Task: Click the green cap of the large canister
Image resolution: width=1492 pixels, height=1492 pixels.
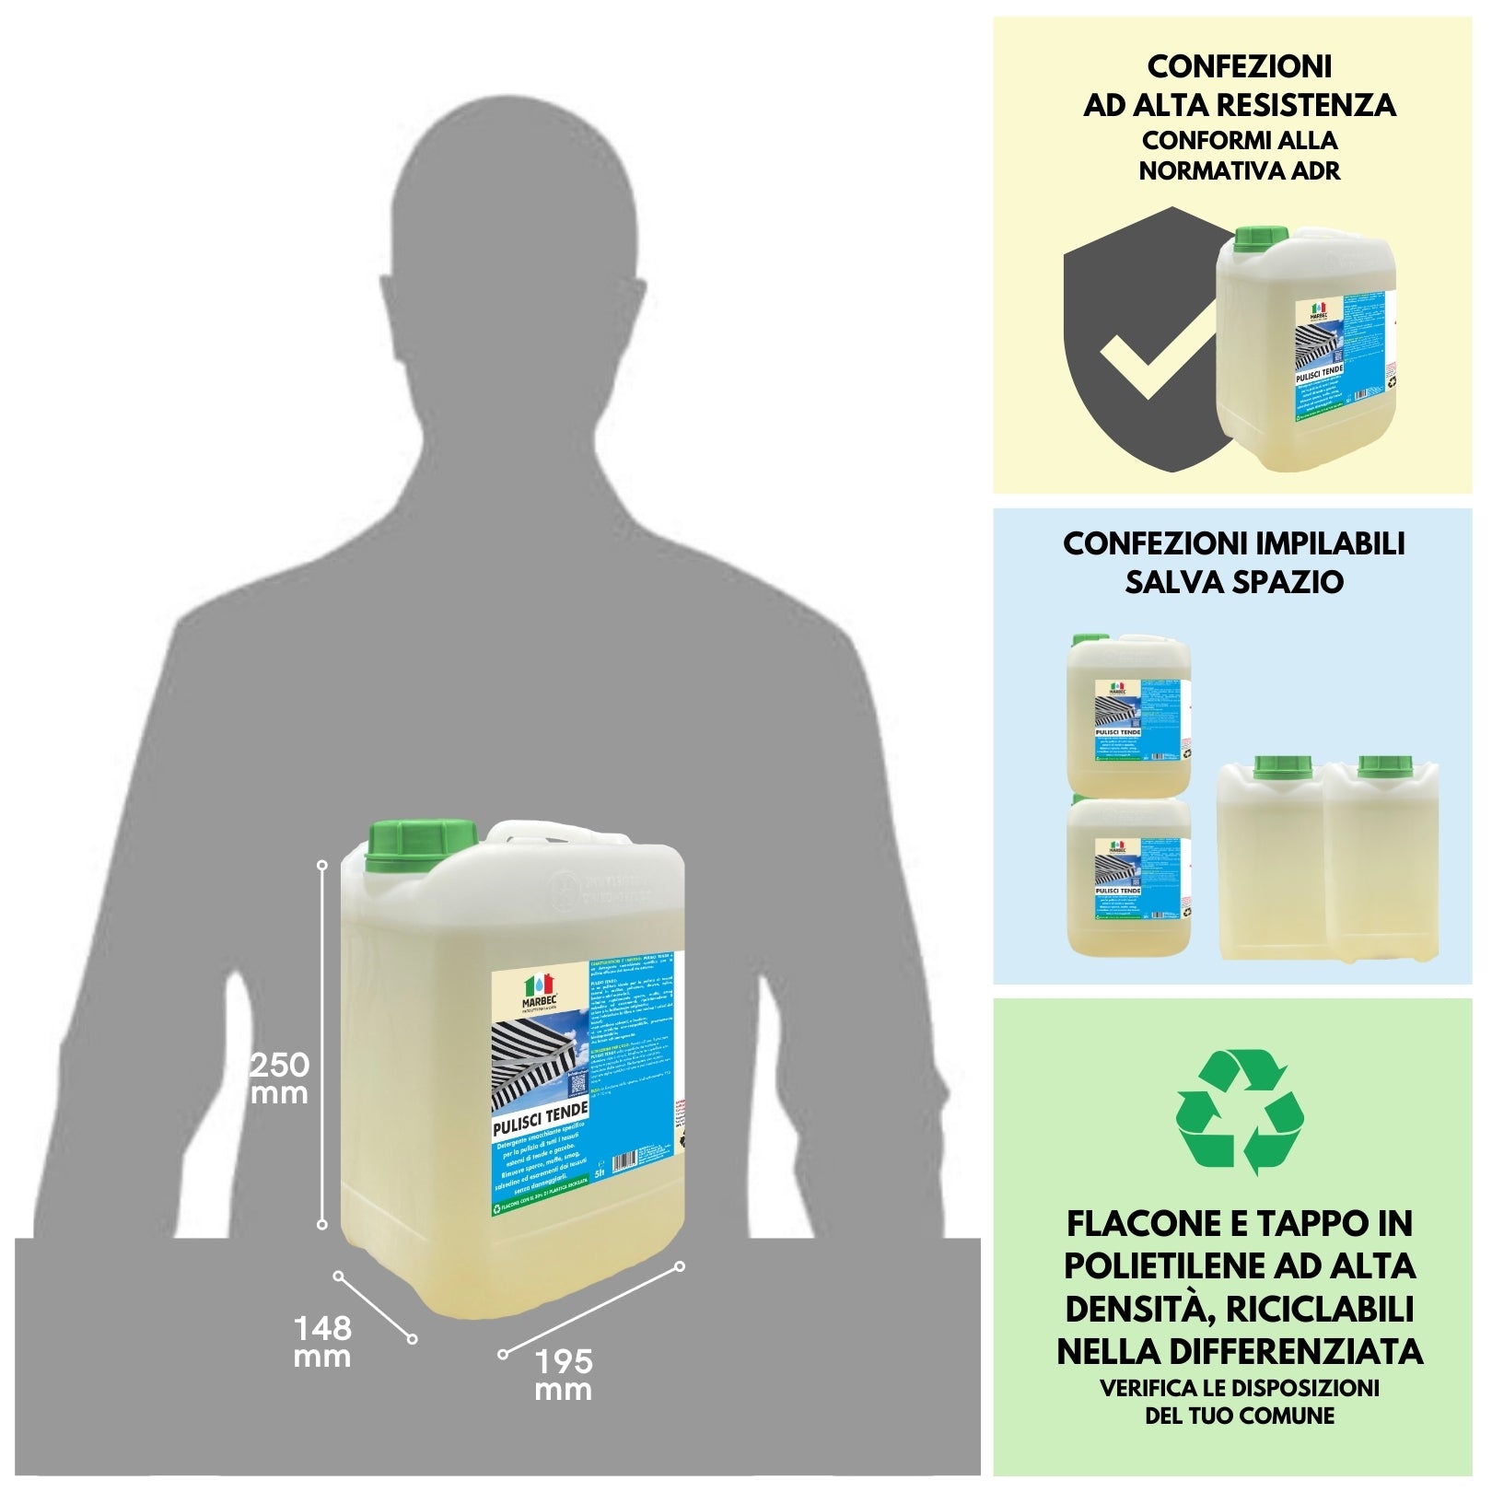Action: pos(422,845)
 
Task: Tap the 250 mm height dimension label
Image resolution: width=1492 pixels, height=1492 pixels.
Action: pos(280,1078)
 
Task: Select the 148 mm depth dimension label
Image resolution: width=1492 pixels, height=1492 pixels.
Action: pos(322,1342)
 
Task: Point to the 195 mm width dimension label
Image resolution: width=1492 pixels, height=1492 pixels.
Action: pos(563,1375)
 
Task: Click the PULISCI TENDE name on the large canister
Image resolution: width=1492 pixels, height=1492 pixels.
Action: pos(540,1118)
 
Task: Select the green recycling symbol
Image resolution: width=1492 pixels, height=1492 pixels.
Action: pos(1240,1112)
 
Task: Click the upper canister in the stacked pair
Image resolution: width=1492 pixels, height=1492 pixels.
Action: pos(1128,714)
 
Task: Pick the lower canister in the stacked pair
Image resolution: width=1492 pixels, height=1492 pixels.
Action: pos(1128,875)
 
